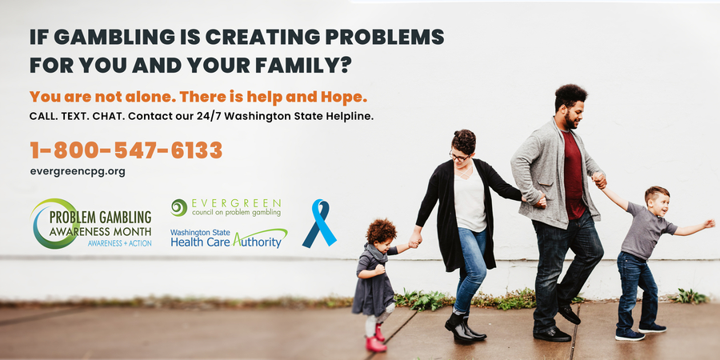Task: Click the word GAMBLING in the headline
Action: (114, 37)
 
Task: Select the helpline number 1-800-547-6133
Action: (126, 150)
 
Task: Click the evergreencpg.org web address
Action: (78, 172)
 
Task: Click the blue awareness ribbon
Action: (319, 223)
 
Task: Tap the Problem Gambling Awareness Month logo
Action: (91, 224)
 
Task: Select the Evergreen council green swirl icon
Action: (178, 207)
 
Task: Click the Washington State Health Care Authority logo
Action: (229, 238)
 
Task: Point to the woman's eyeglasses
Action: (459, 157)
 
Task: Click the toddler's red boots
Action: (375, 338)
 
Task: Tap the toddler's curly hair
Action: (381, 231)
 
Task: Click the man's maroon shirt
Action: (574, 174)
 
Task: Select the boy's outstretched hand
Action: (709, 224)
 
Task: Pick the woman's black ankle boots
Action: (464, 327)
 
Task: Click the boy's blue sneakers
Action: (640, 332)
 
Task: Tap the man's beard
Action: (570, 122)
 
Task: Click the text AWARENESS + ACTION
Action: (119, 243)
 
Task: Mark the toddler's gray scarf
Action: (377, 254)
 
